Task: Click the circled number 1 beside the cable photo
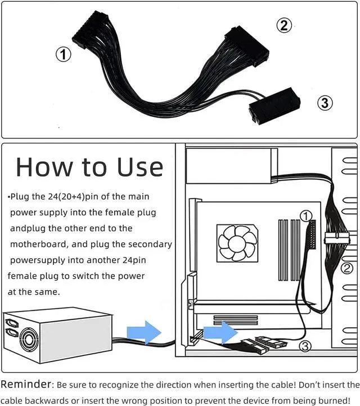pyautogui.click(x=64, y=55)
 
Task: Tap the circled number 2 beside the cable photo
pyautogui.click(x=284, y=26)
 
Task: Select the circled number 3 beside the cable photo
pyautogui.click(x=325, y=103)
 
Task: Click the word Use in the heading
pyautogui.click(x=140, y=167)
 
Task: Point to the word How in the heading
pyautogui.click(x=43, y=167)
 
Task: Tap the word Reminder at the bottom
pyautogui.click(x=26, y=384)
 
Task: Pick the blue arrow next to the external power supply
pyautogui.click(x=144, y=332)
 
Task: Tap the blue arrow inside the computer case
pyautogui.click(x=220, y=332)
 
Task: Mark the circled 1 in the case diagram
pyautogui.click(x=306, y=216)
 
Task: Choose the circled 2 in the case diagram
pyautogui.click(x=347, y=268)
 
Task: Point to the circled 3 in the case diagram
pyautogui.click(x=305, y=346)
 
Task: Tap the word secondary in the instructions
pyautogui.click(x=150, y=244)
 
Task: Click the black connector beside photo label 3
pyautogui.click(x=274, y=106)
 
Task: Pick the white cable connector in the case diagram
pyautogui.click(x=337, y=238)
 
